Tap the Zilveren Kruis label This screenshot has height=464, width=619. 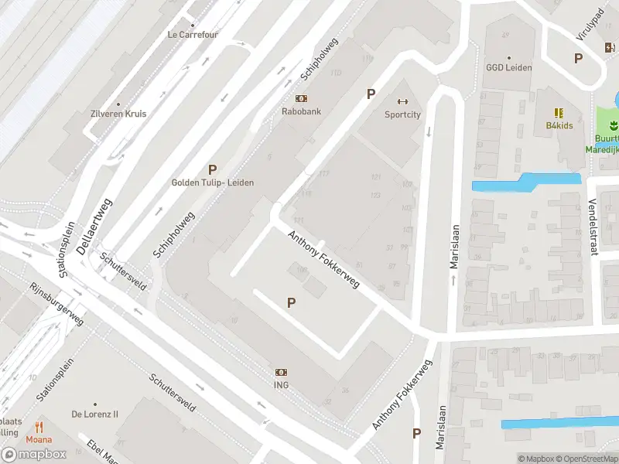pyautogui.click(x=118, y=114)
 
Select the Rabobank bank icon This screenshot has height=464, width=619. pyautogui.click(x=301, y=98)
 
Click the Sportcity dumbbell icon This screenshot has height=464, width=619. pyautogui.click(x=402, y=101)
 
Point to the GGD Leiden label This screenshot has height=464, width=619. pyautogui.click(x=508, y=67)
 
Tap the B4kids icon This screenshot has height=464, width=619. pyautogui.click(x=559, y=113)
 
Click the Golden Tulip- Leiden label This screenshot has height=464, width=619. pyautogui.click(x=212, y=183)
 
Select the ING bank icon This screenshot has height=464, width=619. pyautogui.click(x=281, y=372)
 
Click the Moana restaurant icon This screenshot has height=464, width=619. pyautogui.click(x=39, y=427)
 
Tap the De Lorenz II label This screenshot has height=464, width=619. pyautogui.click(x=95, y=414)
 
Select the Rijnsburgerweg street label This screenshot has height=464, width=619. pyautogui.click(x=56, y=302)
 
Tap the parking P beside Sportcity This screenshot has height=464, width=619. pyautogui.click(x=371, y=94)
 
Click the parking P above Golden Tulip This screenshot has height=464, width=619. pyautogui.click(x=212, y=169)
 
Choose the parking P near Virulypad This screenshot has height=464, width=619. pyautogui.click(x=577, y=58)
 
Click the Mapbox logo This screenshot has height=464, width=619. pyautogui.click(x=34, y=455)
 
